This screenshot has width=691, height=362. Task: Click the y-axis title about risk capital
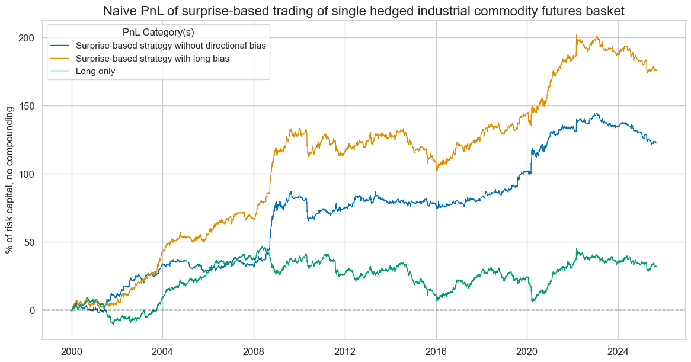click(11, 180)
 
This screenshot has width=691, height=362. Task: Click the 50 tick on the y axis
click(30, 242)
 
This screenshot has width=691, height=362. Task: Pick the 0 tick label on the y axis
click(33, 310)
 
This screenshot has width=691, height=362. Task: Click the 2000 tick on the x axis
click(72, 350)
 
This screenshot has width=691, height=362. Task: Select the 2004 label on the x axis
click(163, 350)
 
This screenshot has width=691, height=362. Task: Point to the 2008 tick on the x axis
click(254, 350)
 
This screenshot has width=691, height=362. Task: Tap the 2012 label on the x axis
click(345, 350)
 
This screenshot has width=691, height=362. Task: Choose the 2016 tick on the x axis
click(436, 350)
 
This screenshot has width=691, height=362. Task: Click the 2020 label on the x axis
click(527, 350)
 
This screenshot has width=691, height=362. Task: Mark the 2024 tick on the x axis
click(618, 350)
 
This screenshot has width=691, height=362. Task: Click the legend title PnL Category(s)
click(158, 33)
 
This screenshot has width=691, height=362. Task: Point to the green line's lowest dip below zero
click(112, 325)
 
